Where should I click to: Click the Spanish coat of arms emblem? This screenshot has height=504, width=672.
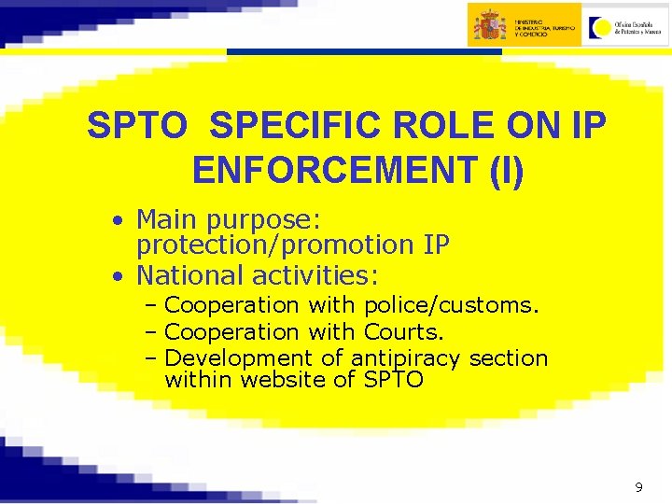489,24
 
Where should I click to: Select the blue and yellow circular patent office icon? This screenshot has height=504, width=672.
601,25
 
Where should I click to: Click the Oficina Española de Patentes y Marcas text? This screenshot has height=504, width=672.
638,26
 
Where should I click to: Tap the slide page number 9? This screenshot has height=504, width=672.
638,486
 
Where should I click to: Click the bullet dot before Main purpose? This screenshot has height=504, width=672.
116,221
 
